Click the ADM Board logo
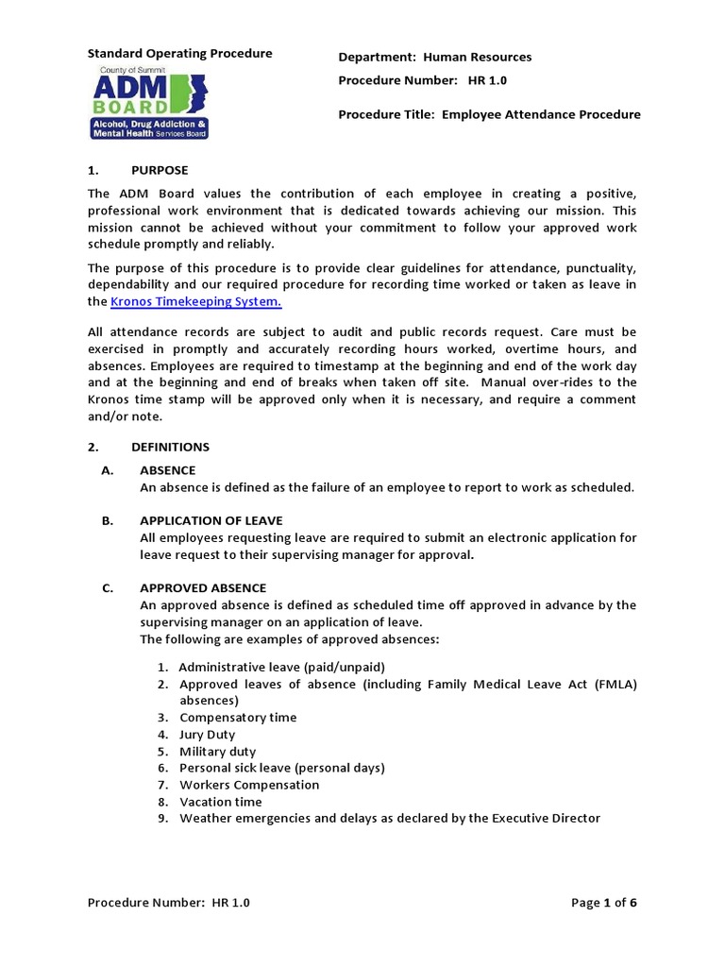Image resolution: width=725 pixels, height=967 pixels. pos(150,103)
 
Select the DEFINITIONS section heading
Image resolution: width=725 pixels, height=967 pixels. pos(170,447)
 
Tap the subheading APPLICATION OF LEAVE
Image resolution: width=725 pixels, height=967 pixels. pos(211,520)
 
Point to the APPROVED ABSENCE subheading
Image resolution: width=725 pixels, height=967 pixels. pos(203,587)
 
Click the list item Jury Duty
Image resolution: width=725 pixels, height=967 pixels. pos(208,735)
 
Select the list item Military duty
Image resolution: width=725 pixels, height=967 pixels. pos(217,752)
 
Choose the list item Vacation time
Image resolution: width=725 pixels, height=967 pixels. pos(221,802)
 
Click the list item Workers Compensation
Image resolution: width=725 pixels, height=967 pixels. pos(249,785)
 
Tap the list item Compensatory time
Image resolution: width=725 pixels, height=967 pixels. pos(238,718)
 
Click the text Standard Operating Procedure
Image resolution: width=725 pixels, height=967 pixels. pos(179,54)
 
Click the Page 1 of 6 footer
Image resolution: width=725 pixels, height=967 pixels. pos(604,903)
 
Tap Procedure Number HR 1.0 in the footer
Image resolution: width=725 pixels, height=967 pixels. pos(169,903)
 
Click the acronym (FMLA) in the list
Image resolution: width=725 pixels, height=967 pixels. pos(615,684)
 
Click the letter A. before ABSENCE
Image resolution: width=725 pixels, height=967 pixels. pos(108,470)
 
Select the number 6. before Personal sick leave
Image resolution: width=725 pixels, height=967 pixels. pos(163,768)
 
